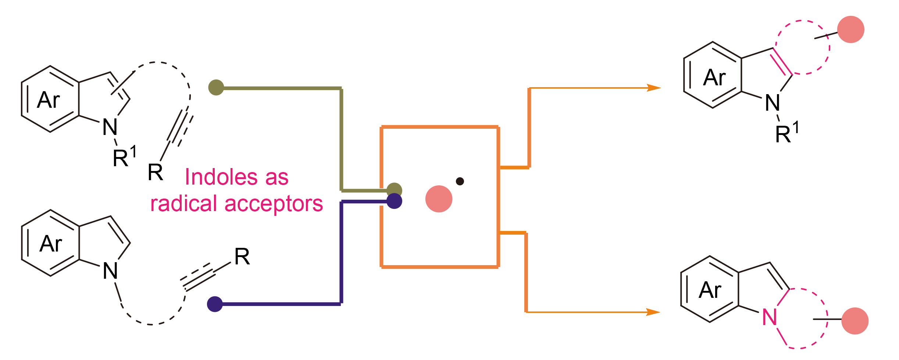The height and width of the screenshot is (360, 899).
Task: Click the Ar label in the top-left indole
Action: [48, 100]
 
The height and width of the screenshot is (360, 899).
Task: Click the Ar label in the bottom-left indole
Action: [51, 244]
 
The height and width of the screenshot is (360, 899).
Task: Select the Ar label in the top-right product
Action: [714, 78]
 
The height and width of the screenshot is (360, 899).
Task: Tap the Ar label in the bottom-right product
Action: [710, 290]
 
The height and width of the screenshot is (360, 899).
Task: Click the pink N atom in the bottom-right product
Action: [770, 317]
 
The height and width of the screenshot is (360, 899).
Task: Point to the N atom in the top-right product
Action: [772, 103]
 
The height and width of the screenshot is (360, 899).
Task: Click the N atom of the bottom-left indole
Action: [110, 271]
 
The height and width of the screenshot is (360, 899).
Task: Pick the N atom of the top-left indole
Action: [110, 127]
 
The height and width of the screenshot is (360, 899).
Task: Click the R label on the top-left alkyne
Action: [155, 172]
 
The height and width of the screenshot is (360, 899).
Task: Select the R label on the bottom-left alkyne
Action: [242, 257]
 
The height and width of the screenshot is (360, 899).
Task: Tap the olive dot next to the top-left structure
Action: [216, 88]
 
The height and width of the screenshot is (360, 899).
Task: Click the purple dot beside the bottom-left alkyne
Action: [215, 304]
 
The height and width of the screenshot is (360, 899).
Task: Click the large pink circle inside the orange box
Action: [439, 199]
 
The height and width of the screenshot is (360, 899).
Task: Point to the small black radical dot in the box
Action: [460, 181]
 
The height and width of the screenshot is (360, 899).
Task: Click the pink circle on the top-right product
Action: [850, 29]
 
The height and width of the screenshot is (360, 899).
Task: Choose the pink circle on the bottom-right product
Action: [855, 321]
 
